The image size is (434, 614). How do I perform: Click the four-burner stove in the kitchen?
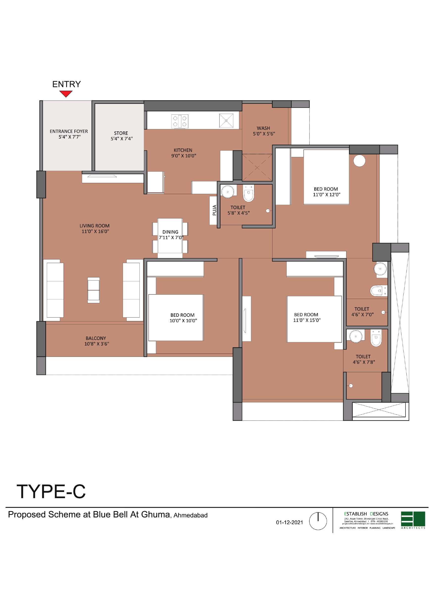[x=180, y=121]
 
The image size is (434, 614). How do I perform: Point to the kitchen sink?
[x=226, y=121]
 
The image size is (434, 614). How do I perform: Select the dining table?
[x=170, y=236]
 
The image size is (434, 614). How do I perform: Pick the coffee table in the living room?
[x=94, y=290]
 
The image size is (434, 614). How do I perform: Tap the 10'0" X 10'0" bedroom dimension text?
[x=183, y=321]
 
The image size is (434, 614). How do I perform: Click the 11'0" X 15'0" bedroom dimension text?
[x=307, y=320]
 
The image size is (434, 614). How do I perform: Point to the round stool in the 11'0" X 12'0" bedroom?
[x=359, y=161]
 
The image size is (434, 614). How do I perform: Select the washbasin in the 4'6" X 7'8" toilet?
[x=356, y=336]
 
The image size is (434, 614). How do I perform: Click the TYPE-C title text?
[x=51, y=491]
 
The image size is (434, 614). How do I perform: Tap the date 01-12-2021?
[x=289, y=522]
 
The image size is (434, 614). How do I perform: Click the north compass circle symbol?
[x=318, y=521]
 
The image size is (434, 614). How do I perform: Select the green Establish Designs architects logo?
[x=413, y=520]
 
